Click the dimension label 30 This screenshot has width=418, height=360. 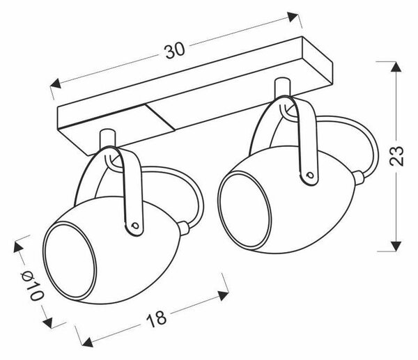click(x=175, y=51)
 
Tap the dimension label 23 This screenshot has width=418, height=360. click(x=396, y=156)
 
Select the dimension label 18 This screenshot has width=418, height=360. click(x=157, y=319)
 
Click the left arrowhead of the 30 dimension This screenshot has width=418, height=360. click(x=55, y=84)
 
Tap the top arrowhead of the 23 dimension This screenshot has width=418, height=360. click(x=396, y=66)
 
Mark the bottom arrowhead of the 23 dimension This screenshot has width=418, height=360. click(x=396, y=246)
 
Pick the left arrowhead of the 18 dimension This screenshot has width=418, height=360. click(x=87, y=342)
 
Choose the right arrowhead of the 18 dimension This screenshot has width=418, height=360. click(x=224, y=296)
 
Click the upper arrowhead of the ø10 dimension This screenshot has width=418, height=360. click(x=18, y=246)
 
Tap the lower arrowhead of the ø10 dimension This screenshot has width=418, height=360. click(x=47, y=322)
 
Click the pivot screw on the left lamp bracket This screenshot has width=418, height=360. click(x=135, y=226)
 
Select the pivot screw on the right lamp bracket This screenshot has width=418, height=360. click(x=309, y=175)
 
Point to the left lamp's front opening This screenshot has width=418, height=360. click(x=70, y=261)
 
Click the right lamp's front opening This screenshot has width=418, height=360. click(x=245, y=211)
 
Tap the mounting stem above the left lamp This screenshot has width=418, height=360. click(x=108, y=139)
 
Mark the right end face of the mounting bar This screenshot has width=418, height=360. click(x=317, y=61)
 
